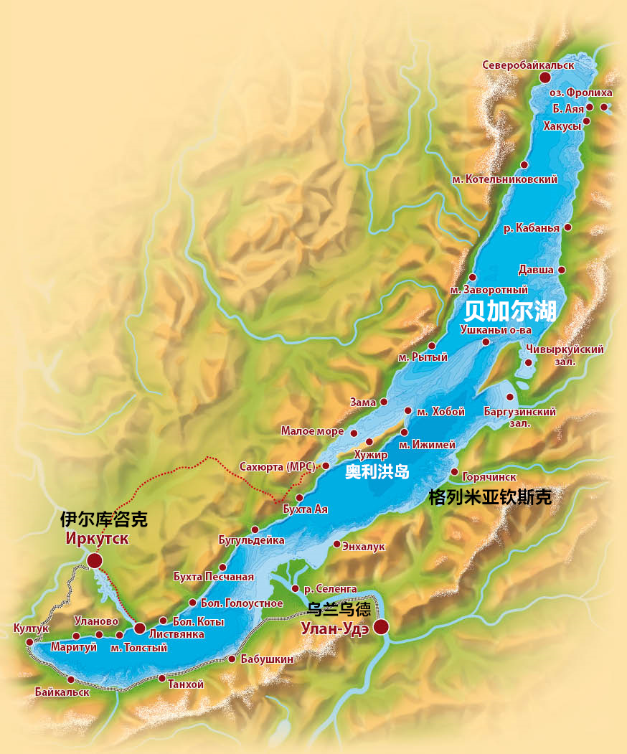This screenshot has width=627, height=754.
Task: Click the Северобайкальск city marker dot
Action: [x=545, y=77]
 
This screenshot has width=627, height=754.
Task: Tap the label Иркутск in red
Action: [x=97, y=539]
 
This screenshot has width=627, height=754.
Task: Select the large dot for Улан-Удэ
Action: [x=381, y=627]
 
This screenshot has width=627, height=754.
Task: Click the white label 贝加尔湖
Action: [x=511, y=310]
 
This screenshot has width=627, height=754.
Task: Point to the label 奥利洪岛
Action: [x=377, y=473]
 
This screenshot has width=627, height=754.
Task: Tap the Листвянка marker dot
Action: [x=140, y=628]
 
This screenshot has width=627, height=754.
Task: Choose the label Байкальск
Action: [x=62, y=692]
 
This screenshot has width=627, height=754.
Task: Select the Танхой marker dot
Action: [x=162, y=678]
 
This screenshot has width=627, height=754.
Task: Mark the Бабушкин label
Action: [x=267, y=659]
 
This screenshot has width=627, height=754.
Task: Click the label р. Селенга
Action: [x=330, y=589]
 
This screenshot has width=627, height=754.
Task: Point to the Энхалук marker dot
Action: [x=336, y=544]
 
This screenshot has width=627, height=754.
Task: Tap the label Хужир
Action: [x=371, y=455]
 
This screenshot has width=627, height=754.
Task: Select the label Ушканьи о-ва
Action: [x=495, y=329]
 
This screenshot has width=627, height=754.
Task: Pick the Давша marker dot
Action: [x=562, y=270]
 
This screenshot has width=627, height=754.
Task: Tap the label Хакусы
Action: [x=563, y=126]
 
